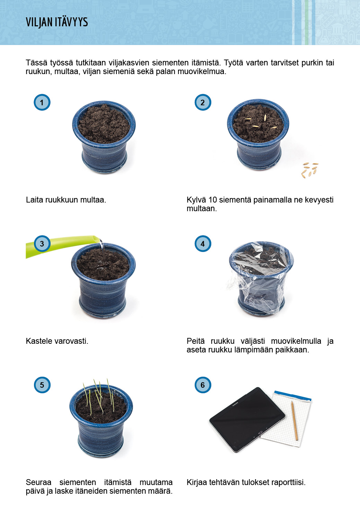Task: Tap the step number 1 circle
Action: coord(42,102)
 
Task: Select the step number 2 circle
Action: coord(203,102)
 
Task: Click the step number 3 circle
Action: coord(42,244)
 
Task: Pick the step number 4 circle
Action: coord(203,244)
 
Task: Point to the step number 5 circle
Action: coord(42,385)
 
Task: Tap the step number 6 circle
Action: coord(203,385)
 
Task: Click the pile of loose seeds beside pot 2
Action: coord(310,170)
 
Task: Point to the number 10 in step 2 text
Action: coord(212,200)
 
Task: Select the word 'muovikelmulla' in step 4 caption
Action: coord(296,341)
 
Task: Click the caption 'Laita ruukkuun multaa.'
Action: coord(66,200)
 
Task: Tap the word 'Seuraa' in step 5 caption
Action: coord(38,483)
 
